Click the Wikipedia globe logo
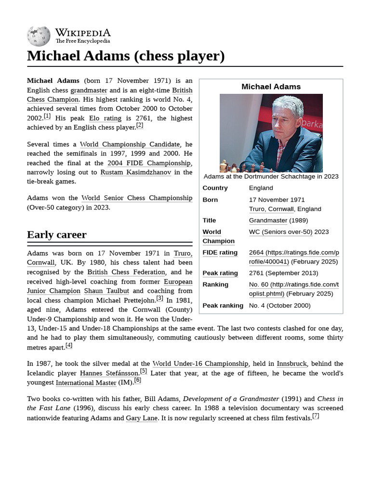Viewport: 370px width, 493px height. tap(39, 36)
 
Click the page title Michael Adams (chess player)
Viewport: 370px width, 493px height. tap(126, 56)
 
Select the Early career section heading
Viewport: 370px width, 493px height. tap(57, 235)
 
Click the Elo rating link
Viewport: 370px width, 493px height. tap(105, 118)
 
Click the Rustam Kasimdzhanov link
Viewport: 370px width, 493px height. tap(135, 172)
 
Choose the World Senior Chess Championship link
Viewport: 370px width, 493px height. tap(137, 198)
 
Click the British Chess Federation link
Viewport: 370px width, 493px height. tap(126, 272)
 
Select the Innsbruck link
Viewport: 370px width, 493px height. tap(290, 363)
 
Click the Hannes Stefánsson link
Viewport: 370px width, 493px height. tap(109, 373)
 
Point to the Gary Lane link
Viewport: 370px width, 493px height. tap(142, 418)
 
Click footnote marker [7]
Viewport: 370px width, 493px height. tap(316, 416)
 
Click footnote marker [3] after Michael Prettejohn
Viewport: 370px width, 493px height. tap(159, 298)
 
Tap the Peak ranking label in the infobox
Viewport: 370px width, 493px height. tap(223, 305)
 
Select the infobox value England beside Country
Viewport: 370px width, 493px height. tap(261, 188)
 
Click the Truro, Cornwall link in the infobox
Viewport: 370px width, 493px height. tap(271, 209)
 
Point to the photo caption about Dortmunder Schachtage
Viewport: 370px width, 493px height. tap(271, 176)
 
